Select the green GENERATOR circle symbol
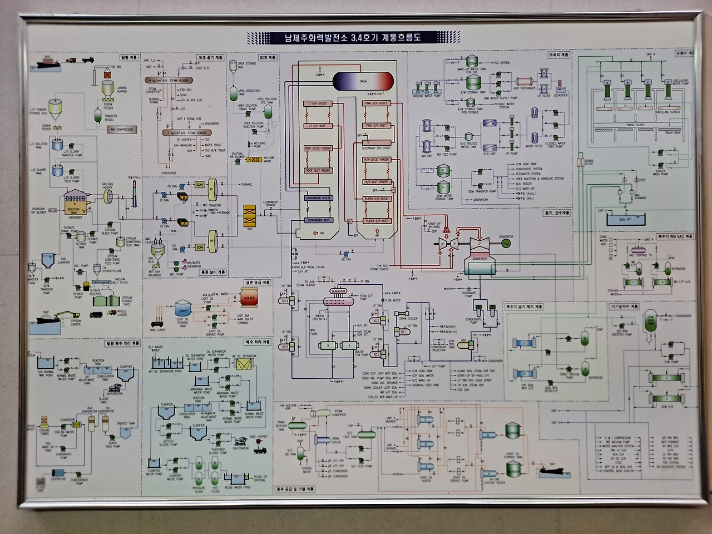tap(506, 243)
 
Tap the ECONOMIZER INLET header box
tap(318, 221)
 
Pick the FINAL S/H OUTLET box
tap(377, 103)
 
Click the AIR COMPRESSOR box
tap(122, 129)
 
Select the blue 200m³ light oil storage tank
tap(182, 307)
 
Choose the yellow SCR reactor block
tap(249, 214)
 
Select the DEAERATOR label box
tap(338, 291)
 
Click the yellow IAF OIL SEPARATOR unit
tap(243, 364)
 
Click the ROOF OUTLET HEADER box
tap(318, 149)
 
